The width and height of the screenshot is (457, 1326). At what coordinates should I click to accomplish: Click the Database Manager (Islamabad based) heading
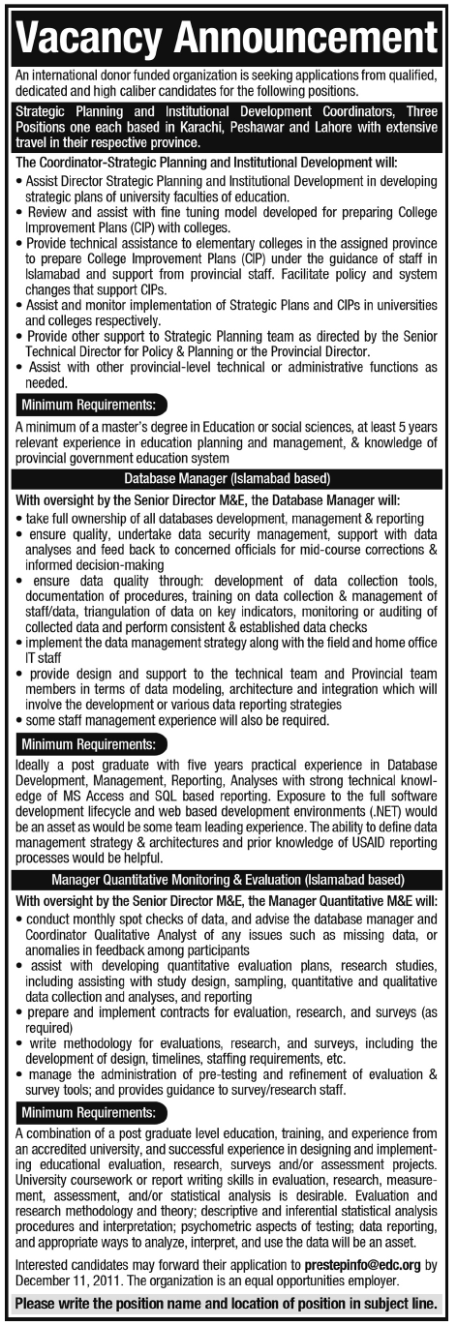point(228,477)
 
